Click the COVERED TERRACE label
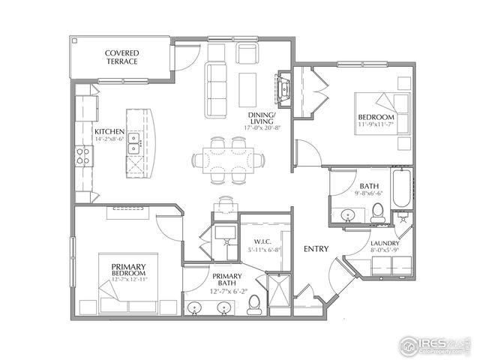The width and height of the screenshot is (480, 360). (x=121, y=57)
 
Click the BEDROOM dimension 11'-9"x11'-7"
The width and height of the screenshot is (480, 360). (x=376, y=126)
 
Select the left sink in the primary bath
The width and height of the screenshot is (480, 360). (x=196, y=308)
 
